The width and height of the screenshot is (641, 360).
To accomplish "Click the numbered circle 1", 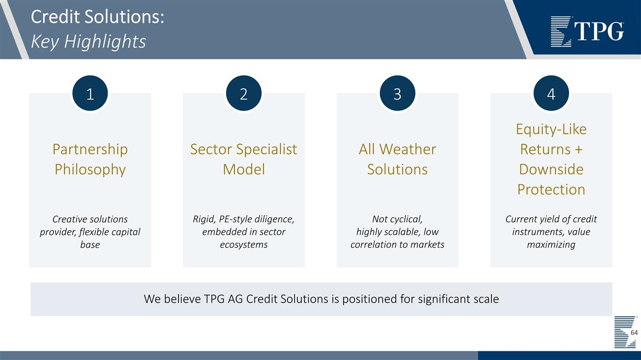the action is pyautogui.click(x=90, y=93).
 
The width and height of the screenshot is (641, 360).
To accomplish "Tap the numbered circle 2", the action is pyautogui.click(x=244, y=93).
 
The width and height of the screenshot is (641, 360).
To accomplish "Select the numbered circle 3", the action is pyautogui.click(x=397, y=93).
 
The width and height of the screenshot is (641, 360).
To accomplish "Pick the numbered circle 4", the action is pyautogui.click(x=551, y=93).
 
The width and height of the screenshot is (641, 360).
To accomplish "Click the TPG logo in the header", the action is pyautogui.click(x=587, y=32).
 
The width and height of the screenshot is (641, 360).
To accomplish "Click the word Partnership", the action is pyautogui.click(x=90, y=150).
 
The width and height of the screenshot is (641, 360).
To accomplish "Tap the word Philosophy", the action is pyautogui.click(x=90, y=170).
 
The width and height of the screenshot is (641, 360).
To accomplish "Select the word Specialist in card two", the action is pyautogui.click(x=267, y=150).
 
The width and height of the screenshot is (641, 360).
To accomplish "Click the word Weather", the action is pyautogui.click(x=408, y=149).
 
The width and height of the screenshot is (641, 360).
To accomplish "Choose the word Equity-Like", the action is pyautogui.click(x=551, y=130).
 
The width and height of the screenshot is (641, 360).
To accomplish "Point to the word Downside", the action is pyautogui.click(x=551, y=169).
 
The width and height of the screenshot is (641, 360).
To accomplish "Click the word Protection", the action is pyautogui.click(x=551, y=189).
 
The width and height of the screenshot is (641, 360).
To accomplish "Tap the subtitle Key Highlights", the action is pyautogui.click(x=89, y=42).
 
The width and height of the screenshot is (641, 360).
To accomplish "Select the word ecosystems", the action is pyautogui.click(x=244, y=245).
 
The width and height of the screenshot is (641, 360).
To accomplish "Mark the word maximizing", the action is pyautogui.click(x=551, y=245).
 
